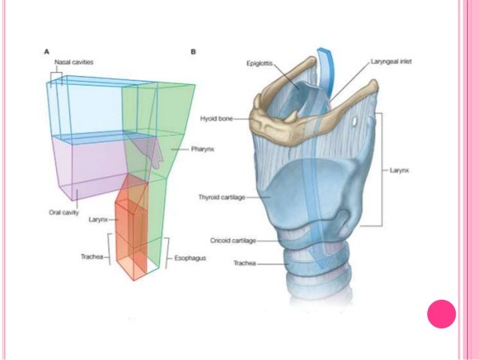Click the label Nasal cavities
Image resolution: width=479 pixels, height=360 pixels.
(x=73, y=62)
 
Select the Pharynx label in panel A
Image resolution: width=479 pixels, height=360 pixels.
(x=182, y=150)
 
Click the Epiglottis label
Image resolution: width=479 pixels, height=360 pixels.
(x=262, y=63)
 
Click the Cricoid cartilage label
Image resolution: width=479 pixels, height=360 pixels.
(x=233, y=241)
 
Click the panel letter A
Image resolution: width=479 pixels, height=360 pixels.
(x=47, y=51)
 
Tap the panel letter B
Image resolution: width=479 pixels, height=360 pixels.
(x=194, y=51)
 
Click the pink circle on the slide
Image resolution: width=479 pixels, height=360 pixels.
(x=442, y=314)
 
